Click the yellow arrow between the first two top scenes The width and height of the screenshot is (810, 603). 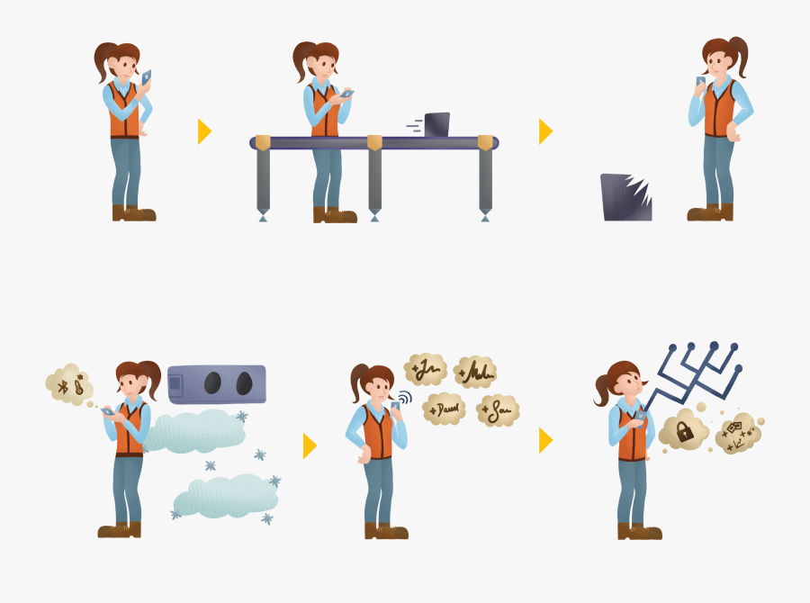[x=204, y=131]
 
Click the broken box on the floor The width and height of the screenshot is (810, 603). [x=625, y=197]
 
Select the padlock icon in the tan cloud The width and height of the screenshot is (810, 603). [x=685, y=431]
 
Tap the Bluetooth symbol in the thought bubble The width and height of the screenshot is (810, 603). [x=63, y=385]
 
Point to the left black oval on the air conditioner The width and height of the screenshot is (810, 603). [x=211, y=384]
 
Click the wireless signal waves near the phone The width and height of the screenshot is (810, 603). [x=405, y=398]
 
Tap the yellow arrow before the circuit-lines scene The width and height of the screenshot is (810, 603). [x=545, y=440]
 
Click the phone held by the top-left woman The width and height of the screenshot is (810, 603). [x=146, y=77]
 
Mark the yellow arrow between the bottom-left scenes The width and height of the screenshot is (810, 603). [x=310, y=445]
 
